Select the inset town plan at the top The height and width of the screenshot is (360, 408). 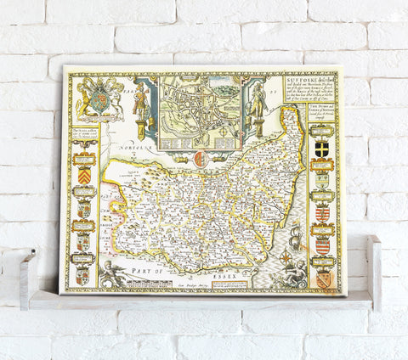(201, 105)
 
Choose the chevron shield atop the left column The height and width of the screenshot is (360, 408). (84, 150)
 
